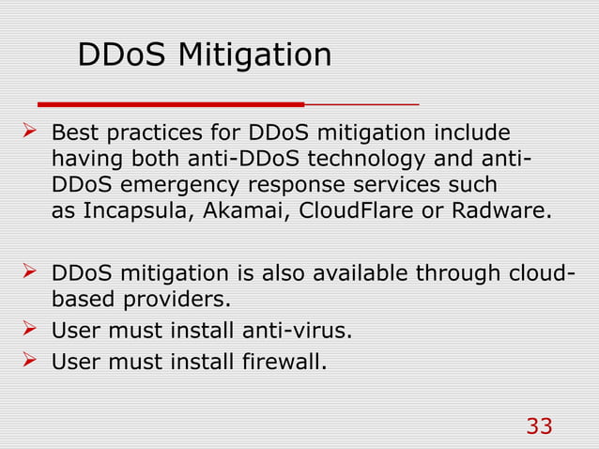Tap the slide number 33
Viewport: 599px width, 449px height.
(x=539, y=426)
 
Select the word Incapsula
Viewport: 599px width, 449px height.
(x=126, y=209)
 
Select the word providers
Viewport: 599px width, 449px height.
(x=181, y=302)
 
